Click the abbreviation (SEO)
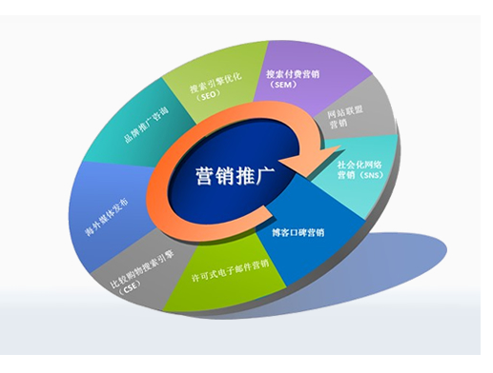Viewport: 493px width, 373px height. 203,97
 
